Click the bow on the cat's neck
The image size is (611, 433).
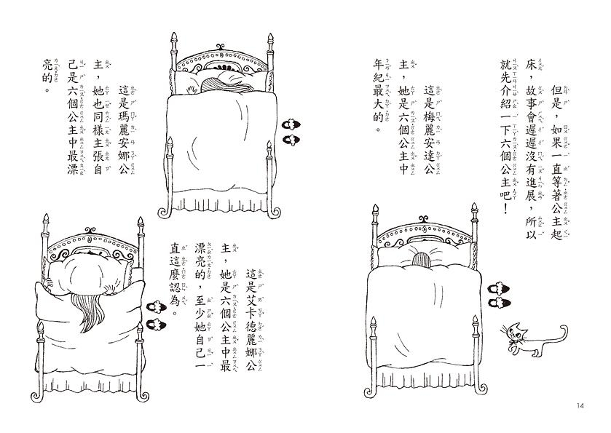[x=519, y=343]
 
